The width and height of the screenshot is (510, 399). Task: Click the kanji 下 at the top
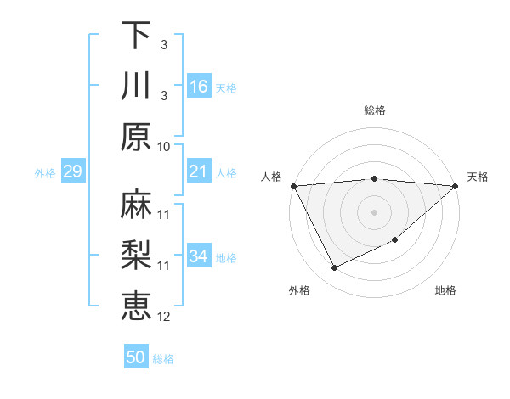click(136, 36)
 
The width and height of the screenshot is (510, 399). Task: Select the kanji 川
click(136, 87)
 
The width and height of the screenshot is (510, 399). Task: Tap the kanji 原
click(136, 137)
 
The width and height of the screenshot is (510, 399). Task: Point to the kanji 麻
click(136, 205)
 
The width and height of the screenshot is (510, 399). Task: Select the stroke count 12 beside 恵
click(164, 317)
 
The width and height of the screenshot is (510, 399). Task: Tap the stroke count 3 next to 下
click(164, 44)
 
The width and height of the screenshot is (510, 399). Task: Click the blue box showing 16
click(198, 87)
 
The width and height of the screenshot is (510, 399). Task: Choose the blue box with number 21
click(198, 172)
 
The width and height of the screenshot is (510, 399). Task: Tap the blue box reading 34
click(198, 256)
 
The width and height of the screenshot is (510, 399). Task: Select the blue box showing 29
click(72, 172)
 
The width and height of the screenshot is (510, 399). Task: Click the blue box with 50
click(136, 357)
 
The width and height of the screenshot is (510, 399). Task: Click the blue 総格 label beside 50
click(163, 359)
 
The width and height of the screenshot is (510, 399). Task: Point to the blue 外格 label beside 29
click(45, 173)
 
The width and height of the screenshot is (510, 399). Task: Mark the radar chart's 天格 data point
click(455, 186)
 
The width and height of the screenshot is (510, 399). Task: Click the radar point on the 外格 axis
click(334, 268)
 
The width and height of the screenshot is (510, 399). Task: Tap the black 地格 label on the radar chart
click(445, 290)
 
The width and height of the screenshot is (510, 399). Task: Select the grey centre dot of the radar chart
click(374, 211)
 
